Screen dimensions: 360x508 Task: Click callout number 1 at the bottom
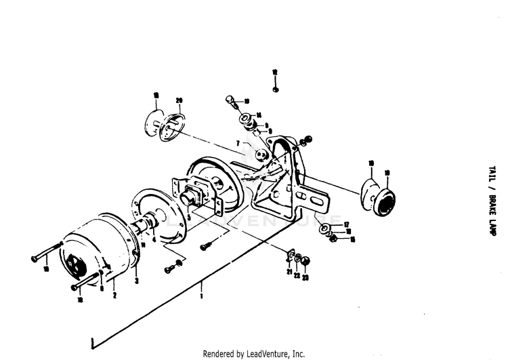coord(201,296)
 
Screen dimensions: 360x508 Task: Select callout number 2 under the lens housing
coord(114,296)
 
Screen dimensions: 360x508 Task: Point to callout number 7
coord(238,143)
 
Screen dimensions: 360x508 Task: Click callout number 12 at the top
coord(275,71)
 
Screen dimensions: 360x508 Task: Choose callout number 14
coord(259,115)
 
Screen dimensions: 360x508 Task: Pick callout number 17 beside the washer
coord(346,224)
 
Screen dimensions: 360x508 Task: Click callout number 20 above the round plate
coord(179,101)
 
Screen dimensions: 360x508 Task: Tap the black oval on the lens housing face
coord(75,257)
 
